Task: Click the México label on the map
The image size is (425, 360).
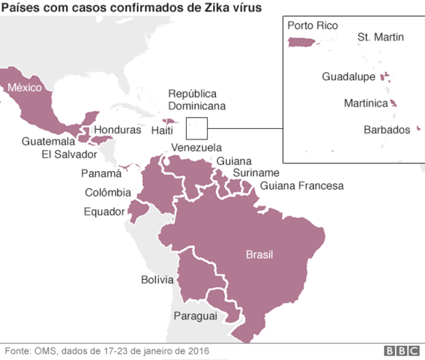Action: click(x=25, y=88)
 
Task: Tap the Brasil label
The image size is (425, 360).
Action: click(x=260, y=255)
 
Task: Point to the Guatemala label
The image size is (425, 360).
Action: click(x=48, y=141)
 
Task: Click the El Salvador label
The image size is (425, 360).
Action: click(x=70, y=154)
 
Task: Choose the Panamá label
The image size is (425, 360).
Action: click(x=100, y=173)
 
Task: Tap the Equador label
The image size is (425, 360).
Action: click(x=103, y=211)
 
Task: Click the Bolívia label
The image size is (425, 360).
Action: click(x=157, y=280)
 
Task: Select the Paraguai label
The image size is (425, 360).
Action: click(x=195, y=316)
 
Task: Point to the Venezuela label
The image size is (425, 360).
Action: click(x=196, y=147)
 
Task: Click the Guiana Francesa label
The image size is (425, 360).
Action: click(x=301, y=186)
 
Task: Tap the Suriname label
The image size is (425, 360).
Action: click(x=256, y=173)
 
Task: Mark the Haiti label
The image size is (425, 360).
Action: click(x=163, y=130)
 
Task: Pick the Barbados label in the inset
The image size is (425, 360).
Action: click(x=387, y=129)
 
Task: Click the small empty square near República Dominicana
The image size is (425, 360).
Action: click(x=196, y=128)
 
